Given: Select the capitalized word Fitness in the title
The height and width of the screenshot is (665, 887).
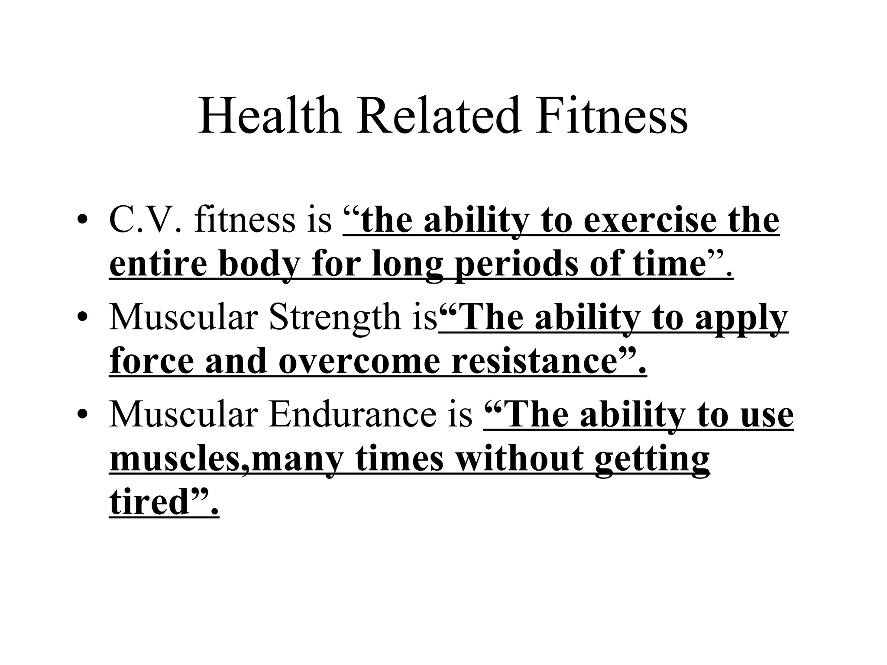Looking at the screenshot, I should [x=612, y=116].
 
